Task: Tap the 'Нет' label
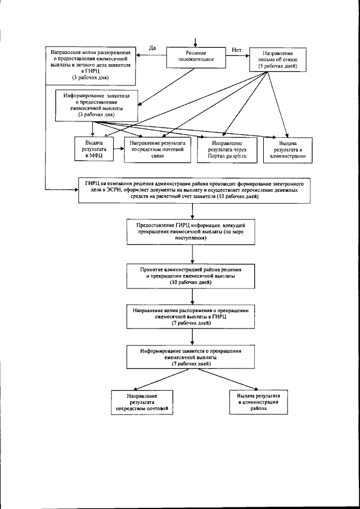pos(236,50)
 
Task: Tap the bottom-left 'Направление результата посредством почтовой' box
pos(141,402)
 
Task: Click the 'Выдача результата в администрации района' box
pos(255,402)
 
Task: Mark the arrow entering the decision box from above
pos(194,43)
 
